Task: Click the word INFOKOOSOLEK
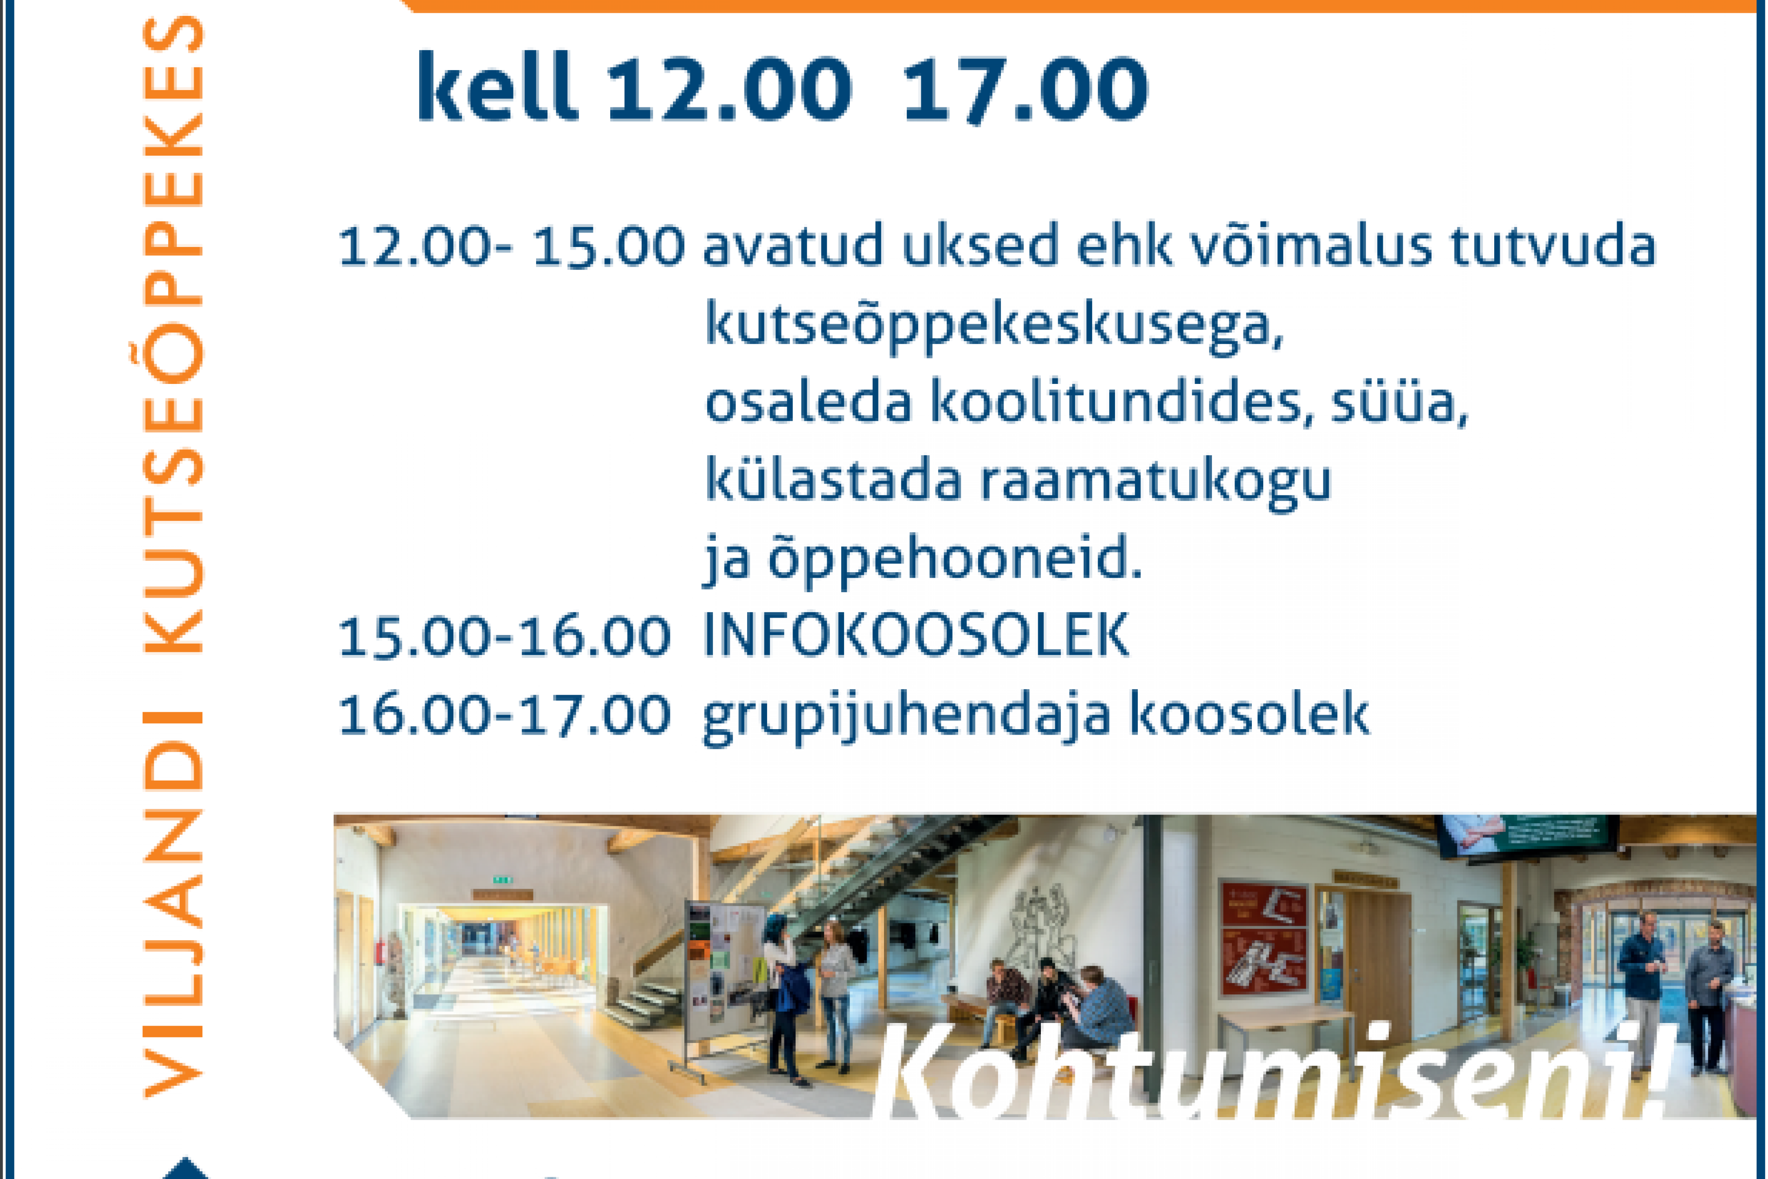click(x=915, y=635)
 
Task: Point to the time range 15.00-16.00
click(x=504, y=637)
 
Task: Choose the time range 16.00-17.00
click(x=504, y=714)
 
